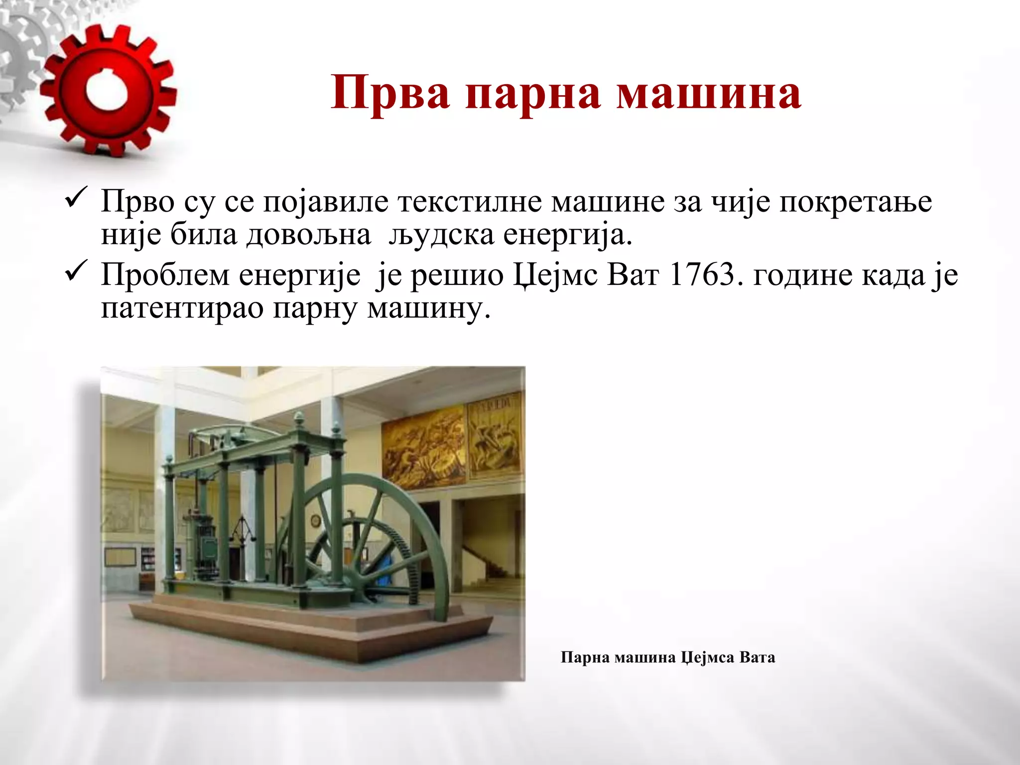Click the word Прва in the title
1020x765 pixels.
(x=390, y=93)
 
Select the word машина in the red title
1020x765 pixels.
(x=709, y=93)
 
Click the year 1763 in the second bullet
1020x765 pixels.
(x=702, y=274)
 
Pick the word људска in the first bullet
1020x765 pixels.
(x=441, y=236)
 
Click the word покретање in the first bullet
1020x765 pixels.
(x=855, y=203)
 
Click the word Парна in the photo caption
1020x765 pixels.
(x=585, y=657)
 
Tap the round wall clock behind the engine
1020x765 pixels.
(x=315, y=520)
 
